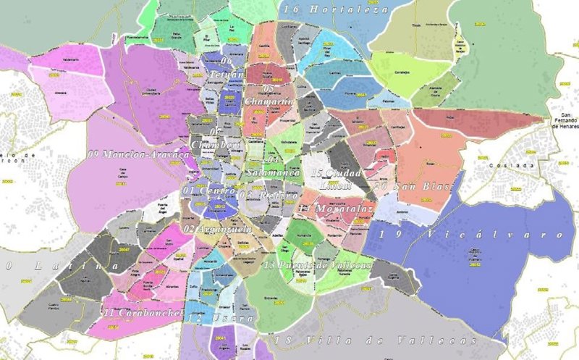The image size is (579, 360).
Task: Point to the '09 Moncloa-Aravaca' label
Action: click(x=138, y=154)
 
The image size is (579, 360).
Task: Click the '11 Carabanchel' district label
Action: click(x=140, y=313)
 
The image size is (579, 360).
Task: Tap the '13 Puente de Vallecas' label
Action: click(x=318, y=266)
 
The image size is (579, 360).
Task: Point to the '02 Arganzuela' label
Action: click(x=217, y=229)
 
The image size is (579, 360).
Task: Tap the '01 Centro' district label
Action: click(x=209, y=190)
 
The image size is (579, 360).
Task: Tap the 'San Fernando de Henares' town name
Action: click(x=564, y=120)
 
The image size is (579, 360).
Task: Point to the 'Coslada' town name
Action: click(x=520, y=164)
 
